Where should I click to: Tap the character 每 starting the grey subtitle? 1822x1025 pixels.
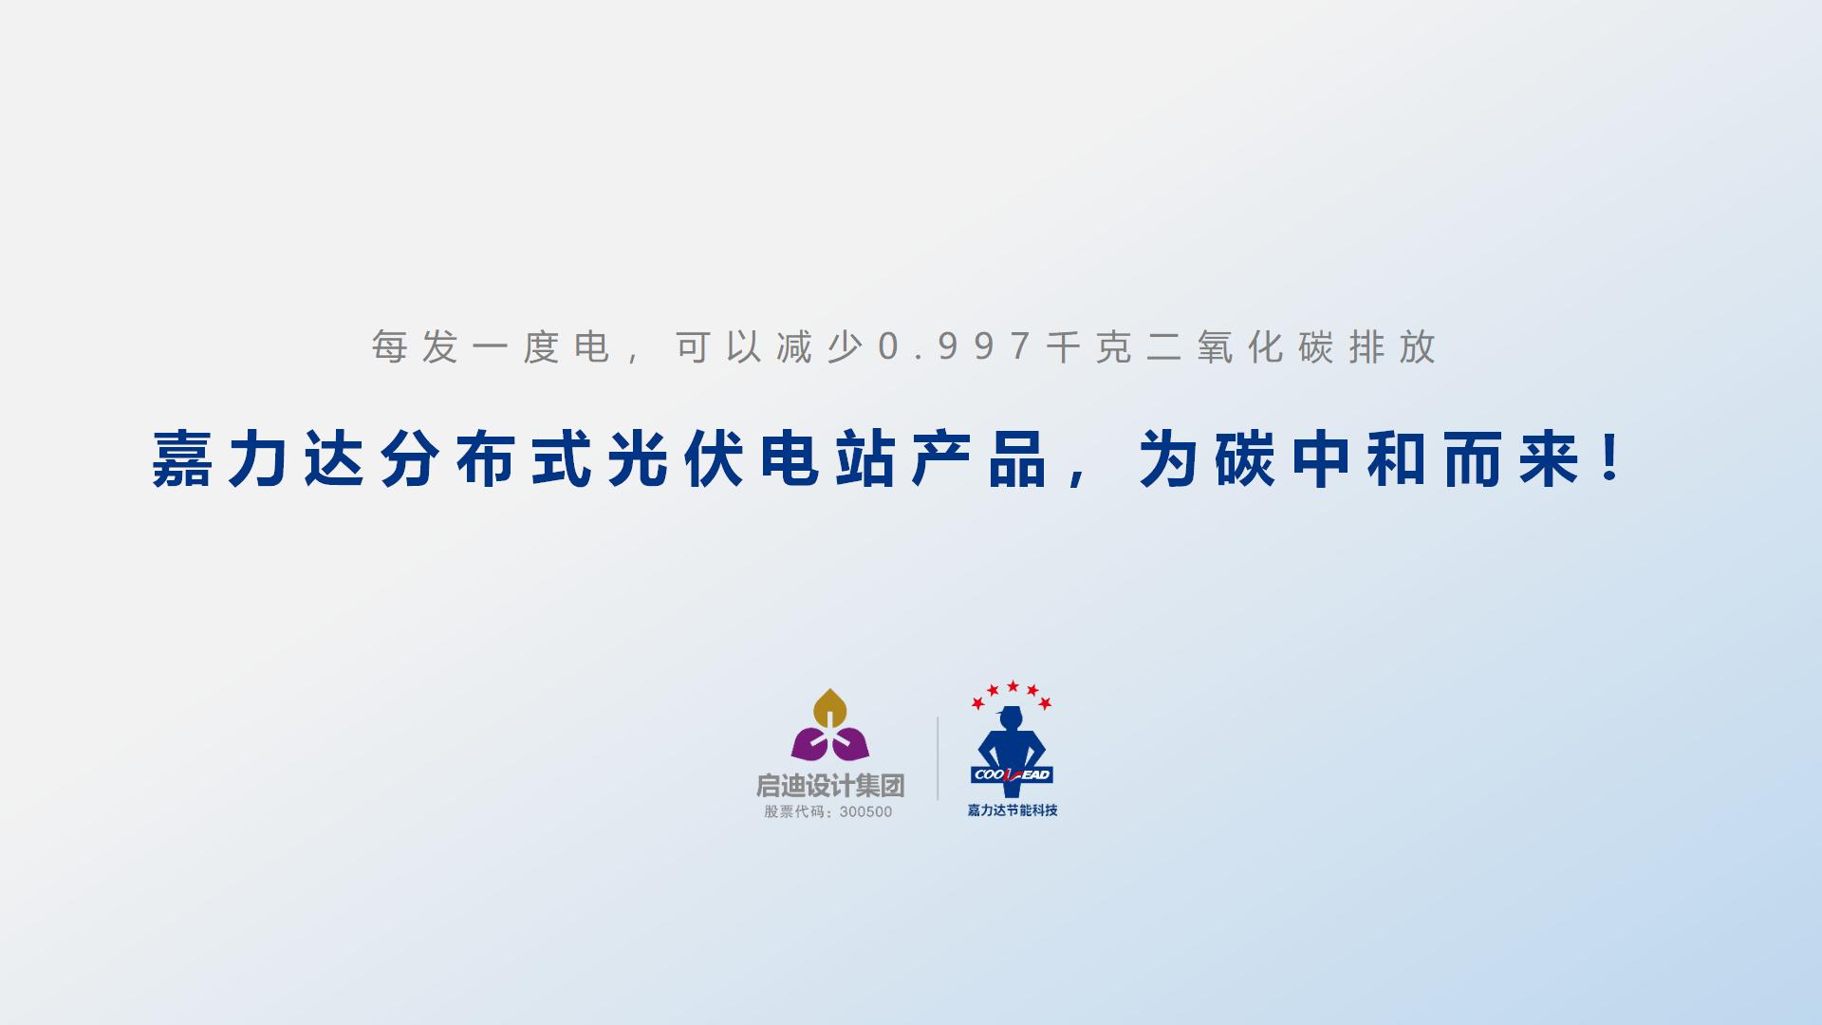tap(389, 347)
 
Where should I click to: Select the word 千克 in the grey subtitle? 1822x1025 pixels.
tap(1089, 347)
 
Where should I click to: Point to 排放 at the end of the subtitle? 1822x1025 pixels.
tap(1392, 347)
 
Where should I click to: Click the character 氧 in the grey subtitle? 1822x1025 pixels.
tap(1215, 347)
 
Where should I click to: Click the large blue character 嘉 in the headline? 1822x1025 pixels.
tap(182, 459)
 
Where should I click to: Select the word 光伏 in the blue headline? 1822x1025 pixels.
tap(676, 459)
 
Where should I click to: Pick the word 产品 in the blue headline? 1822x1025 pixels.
tap(979, 459)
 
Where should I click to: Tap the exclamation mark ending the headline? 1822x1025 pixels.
tap(1610, 457)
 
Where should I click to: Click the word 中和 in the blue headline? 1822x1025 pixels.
tap(1359, 459)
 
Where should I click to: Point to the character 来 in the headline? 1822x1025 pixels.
tap(1549, 459)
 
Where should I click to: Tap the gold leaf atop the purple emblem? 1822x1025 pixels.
tap(830, 709)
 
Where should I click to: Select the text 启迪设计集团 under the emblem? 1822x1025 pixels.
tap(830, 786)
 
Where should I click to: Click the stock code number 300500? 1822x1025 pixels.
tap(865, 811)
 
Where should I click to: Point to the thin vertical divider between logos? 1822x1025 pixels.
tap(938, 758)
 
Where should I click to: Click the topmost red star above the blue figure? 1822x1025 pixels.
tap(1013, 686)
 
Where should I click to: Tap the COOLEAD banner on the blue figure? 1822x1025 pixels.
tap(1012, 774)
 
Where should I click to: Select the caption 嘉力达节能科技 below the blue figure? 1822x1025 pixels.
tap(1013, 811)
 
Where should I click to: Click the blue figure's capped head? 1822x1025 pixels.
tap(1011, 717)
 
